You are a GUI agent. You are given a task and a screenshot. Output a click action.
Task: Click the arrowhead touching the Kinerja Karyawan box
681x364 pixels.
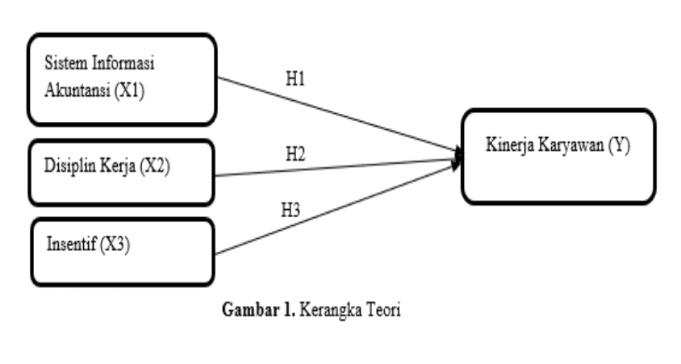(459, 156)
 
